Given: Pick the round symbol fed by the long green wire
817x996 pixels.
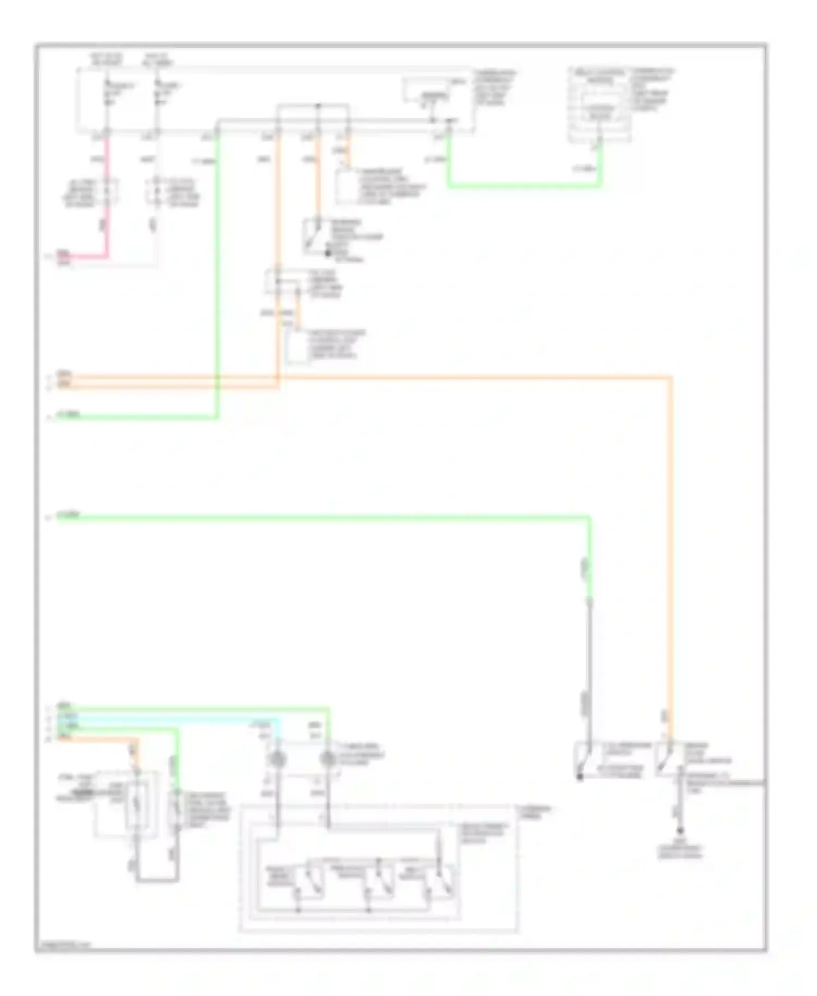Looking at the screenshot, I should (328, 758).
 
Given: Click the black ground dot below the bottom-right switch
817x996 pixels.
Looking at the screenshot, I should (680, 832).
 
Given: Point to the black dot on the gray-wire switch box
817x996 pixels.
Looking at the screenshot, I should (581, 776).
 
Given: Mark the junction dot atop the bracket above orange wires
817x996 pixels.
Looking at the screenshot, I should (319, 105).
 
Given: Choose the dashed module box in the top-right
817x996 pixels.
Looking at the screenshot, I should (599, 105).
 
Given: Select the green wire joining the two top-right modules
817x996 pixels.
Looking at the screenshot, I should (523, 186).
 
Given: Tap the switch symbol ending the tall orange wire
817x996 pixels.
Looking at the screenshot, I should (665, 758).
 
